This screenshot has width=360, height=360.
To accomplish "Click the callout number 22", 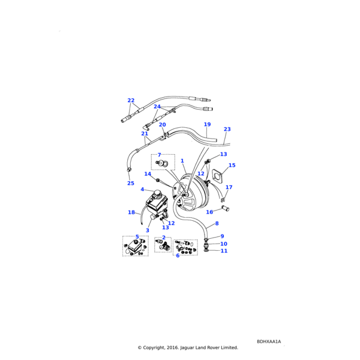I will coord(131,101).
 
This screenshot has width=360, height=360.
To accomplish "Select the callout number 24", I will coord(157,107).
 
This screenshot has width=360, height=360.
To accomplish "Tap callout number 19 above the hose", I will coord(207,125).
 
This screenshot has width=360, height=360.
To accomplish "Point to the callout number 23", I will coord(227,129).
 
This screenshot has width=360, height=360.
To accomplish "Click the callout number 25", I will coord(130,183).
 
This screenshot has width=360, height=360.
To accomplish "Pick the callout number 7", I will coord(159,155).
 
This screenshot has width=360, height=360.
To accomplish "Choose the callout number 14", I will coord(148,174).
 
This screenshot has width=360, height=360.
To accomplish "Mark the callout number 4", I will coord(142,190).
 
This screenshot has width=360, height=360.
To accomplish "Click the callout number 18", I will coord(131,212).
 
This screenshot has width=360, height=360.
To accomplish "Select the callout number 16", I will coord(209,212).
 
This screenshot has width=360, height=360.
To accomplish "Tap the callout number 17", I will coord(229,187).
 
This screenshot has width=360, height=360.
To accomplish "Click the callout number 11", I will coord(224,251).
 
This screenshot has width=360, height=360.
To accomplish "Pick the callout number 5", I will coord(137,237).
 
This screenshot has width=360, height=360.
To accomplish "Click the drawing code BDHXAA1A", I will coord(268,341).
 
